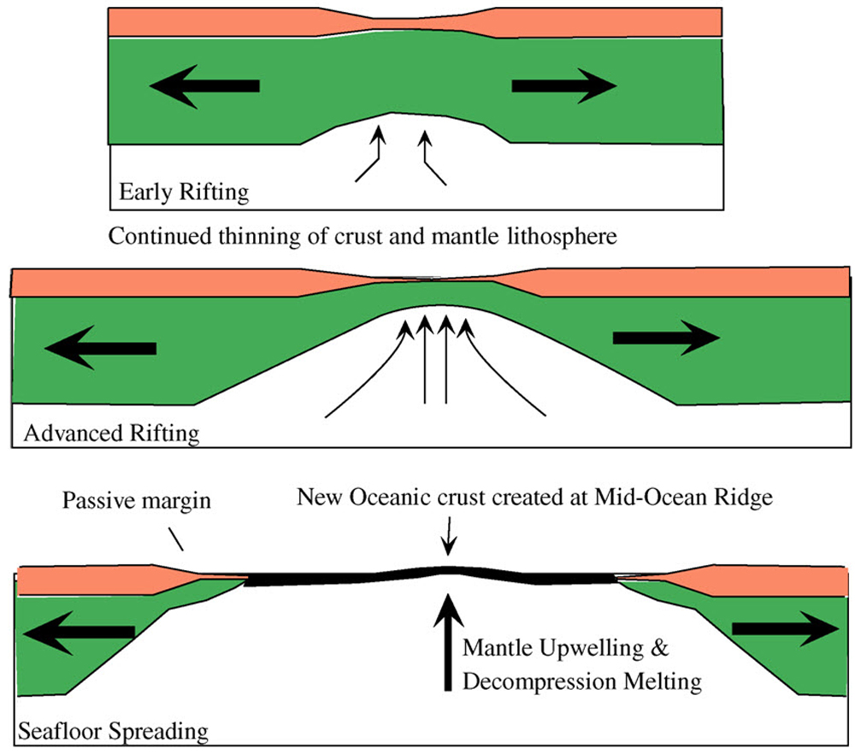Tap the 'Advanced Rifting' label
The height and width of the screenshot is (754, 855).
coord(112,433)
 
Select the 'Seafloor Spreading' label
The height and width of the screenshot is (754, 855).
coord(112,732)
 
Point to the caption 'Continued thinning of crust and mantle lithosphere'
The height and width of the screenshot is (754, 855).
coord(362,236)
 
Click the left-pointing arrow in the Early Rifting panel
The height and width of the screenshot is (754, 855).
coord(203,85)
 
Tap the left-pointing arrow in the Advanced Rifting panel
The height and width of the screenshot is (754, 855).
coord(101,347)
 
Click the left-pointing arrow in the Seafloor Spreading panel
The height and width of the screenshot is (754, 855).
coord(77,633)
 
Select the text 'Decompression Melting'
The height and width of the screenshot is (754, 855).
coord(582,681)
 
